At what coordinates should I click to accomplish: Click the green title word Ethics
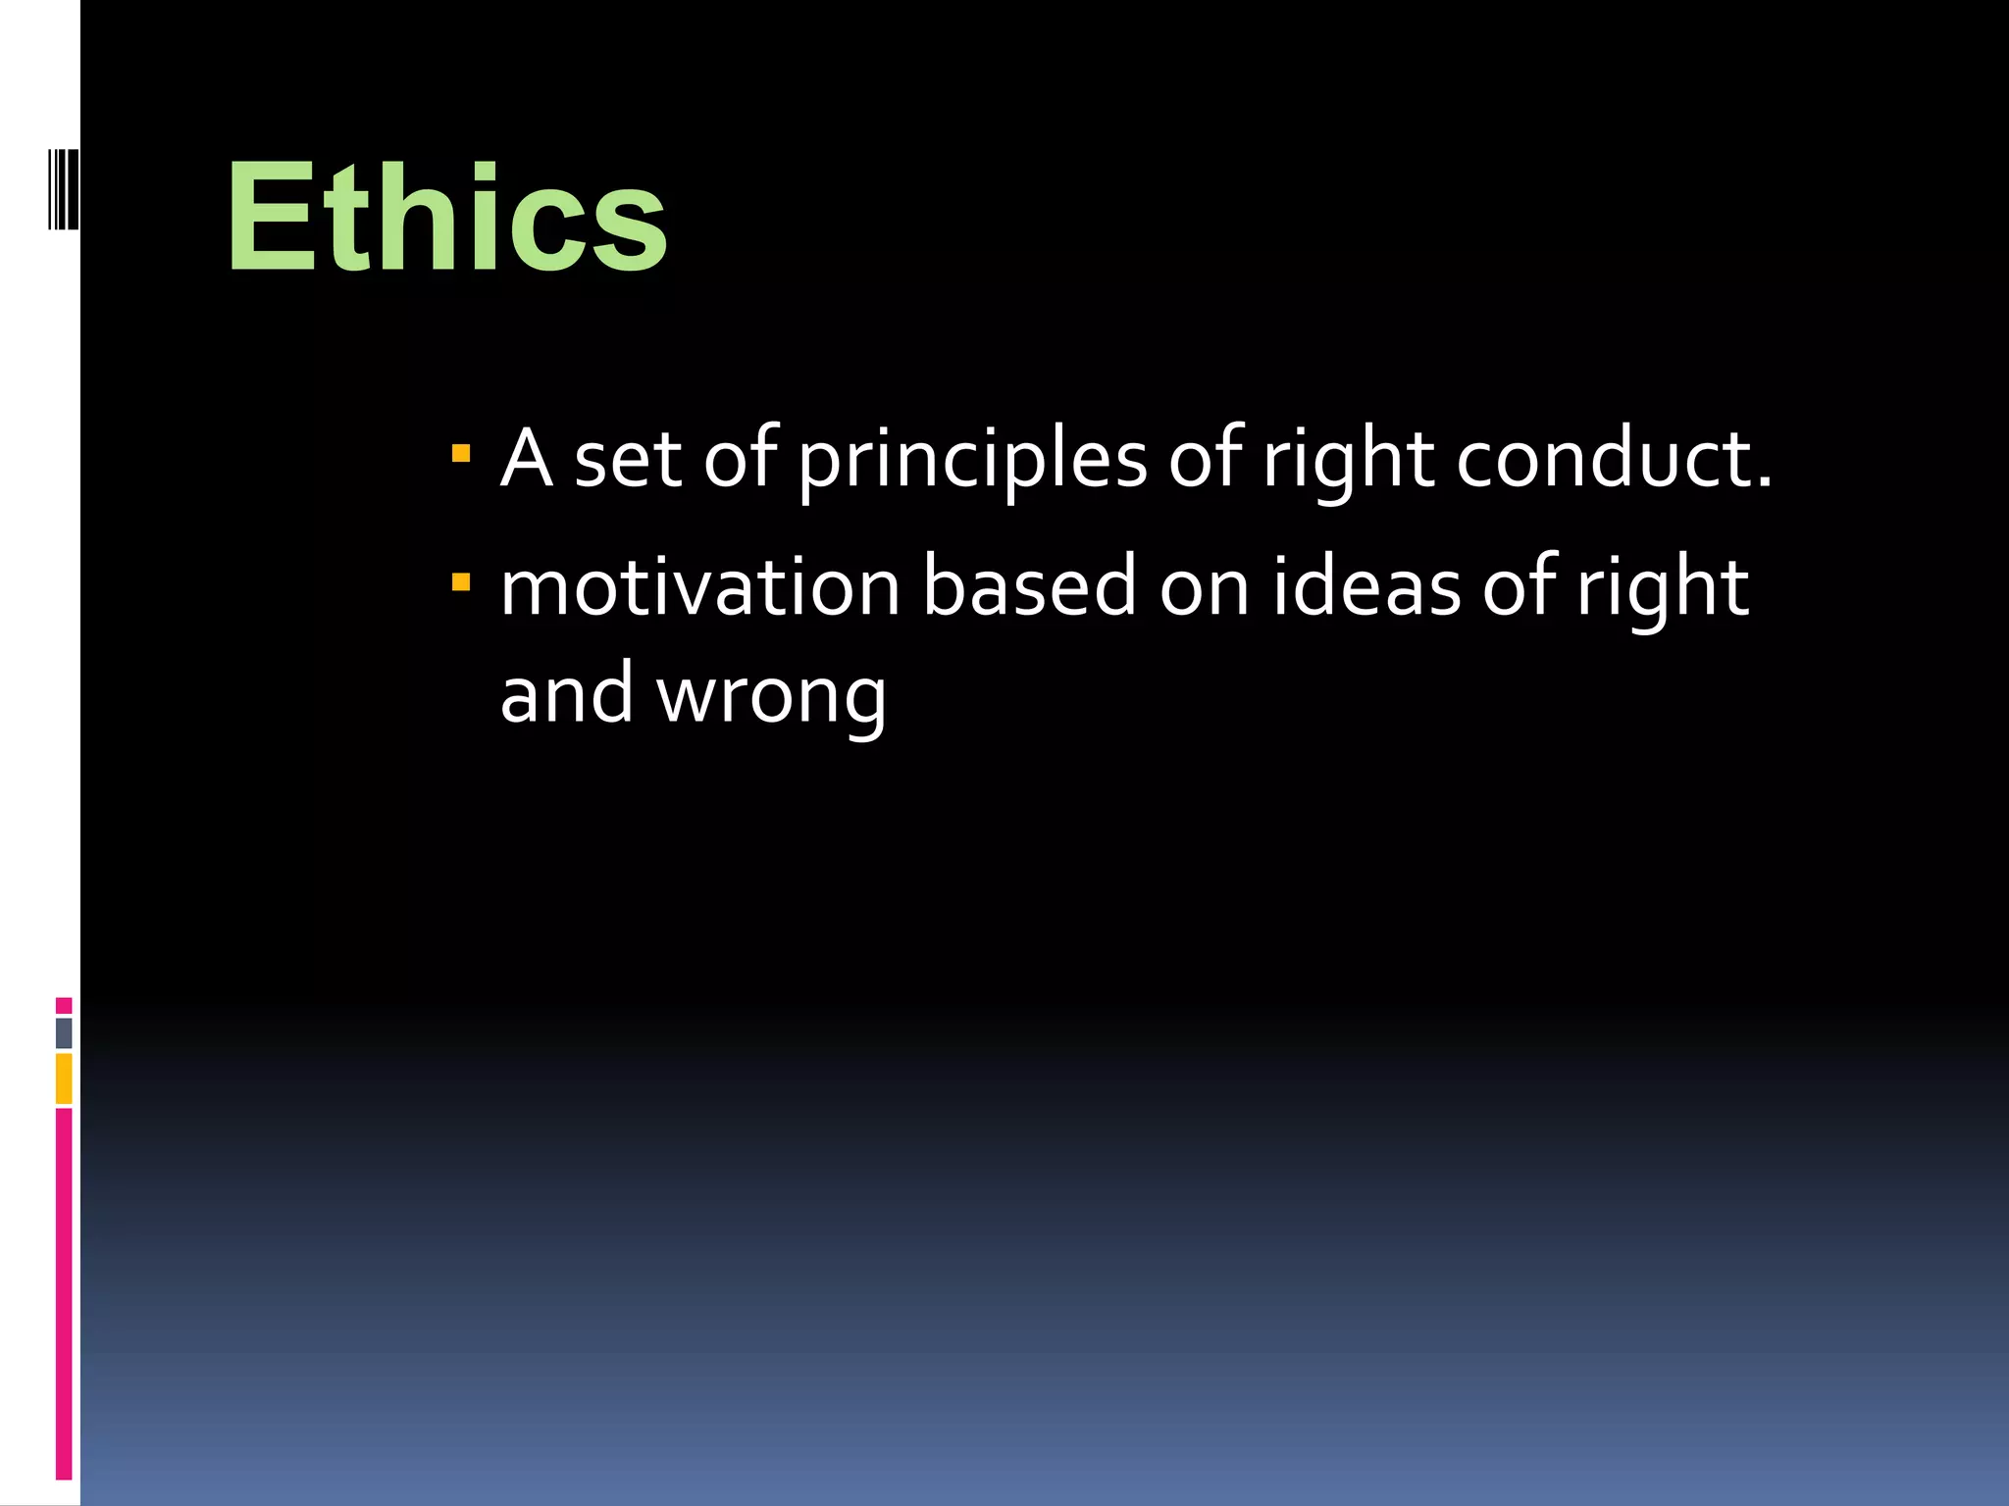pyautogui.click(x=446, y=218)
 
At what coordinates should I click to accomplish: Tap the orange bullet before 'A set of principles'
pyautogui.click(x=460, y=454)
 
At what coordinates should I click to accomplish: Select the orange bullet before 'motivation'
pyautogui.click(x=460, y=583)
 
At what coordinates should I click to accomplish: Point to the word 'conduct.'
pyautogui.click(x=1614, y=459)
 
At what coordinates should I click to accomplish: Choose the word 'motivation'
pyautogui.click(x=699, y=588)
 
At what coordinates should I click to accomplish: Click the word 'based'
pyautogui.click(x=1028, y=588)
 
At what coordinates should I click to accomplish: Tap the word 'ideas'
pyautogui.click(x=1365, y=588)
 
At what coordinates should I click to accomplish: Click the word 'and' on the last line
pyautogui.click(x=566, y=694)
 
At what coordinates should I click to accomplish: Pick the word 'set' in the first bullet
pyautogui.click(x=627, y=459)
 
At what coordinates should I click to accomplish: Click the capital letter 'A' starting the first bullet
pyautogui.click(x=526, y=458)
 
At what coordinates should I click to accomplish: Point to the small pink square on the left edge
pyautogui.click(x=64, y=1005)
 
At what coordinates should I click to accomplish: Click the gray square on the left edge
pyautogui.click(x=64, y=1032)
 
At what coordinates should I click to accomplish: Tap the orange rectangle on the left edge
pyautogui.click(x=64, y=1079)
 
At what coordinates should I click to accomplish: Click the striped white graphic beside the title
pyautogui.click(x=63, y=188)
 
